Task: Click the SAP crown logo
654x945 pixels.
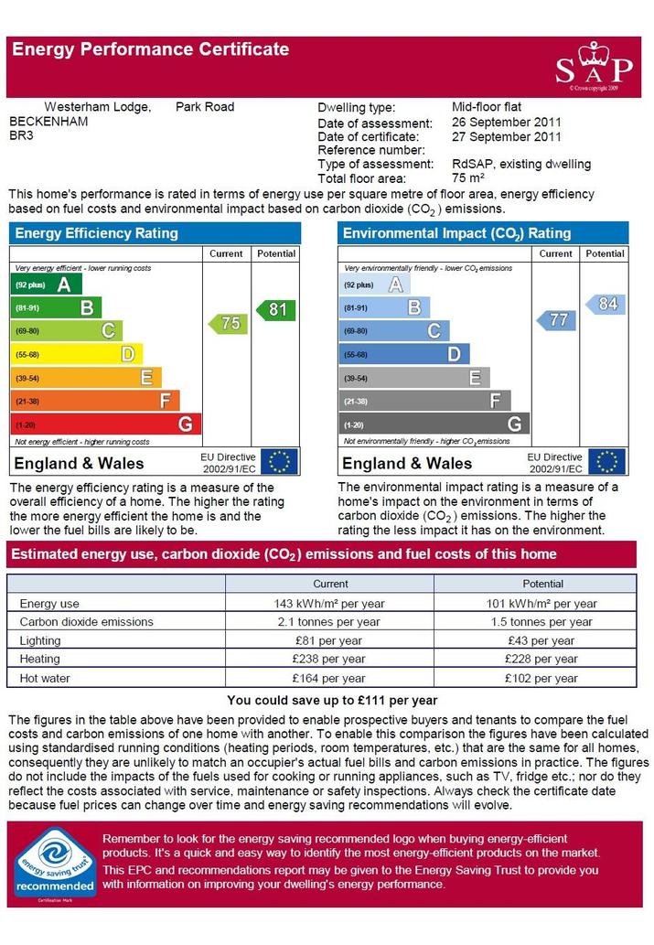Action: tap(595, 65)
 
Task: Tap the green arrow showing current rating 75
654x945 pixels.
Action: tap(228, 323)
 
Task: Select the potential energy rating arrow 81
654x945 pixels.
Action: tap(276, 310)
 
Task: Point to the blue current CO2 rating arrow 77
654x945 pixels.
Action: tap(556, 319)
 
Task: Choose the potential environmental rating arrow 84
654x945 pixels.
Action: tap(606, 304)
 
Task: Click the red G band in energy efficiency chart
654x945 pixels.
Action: tap(106, 424)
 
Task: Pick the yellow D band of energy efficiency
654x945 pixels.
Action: tap(77, 354)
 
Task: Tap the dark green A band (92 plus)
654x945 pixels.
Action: tap(46, 285)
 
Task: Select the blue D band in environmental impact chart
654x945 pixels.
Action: tap(404, 354)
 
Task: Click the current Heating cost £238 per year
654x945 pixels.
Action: tap(329, 659)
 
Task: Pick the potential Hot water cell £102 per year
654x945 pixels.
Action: tap(541, 678)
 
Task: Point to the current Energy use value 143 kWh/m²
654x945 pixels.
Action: tap(329, 603)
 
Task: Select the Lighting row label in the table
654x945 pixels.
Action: tap(40, 640)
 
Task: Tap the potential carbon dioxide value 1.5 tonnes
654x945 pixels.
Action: tap(541, 622)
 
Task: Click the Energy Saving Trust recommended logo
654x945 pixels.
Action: tap(55, 864)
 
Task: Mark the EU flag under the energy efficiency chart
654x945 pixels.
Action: tap(280, 462)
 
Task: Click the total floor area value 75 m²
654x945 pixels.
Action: tap(468, 177)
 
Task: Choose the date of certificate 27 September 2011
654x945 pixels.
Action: tap(507, 137)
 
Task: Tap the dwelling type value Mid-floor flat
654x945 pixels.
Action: tap(487, 107)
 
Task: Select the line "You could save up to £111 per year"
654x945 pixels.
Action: tap(332, 701)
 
